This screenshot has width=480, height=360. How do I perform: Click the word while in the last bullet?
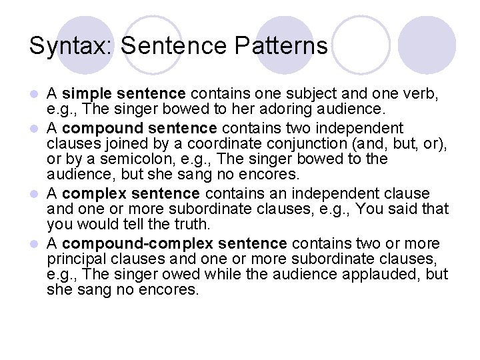222,275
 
